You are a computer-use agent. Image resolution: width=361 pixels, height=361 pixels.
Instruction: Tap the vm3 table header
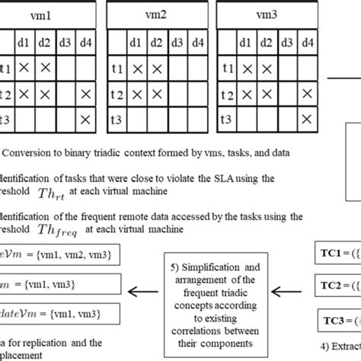267,12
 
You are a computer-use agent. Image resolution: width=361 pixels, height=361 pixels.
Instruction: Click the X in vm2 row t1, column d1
138,69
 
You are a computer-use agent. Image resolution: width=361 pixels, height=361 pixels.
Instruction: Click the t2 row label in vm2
117,94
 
